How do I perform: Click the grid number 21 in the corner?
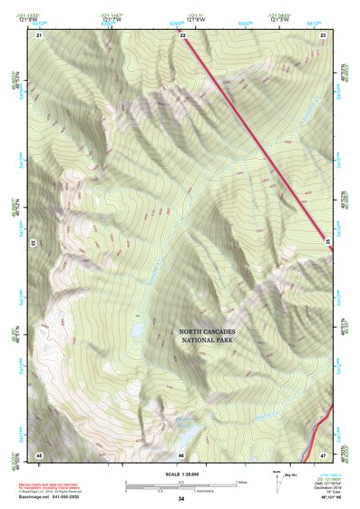tap(39, 34)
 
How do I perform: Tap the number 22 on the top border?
tap(183, 34)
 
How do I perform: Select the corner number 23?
tap(324, 34)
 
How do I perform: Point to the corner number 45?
tap(39, 455)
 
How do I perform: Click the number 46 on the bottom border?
tap(181, 455)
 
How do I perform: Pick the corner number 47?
tap(324, 455)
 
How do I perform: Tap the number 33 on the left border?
tap(34, 243)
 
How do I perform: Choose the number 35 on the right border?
tap(328, 240)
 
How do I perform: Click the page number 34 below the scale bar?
tap(181, 498)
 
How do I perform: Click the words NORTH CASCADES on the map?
tap(207, 332)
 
